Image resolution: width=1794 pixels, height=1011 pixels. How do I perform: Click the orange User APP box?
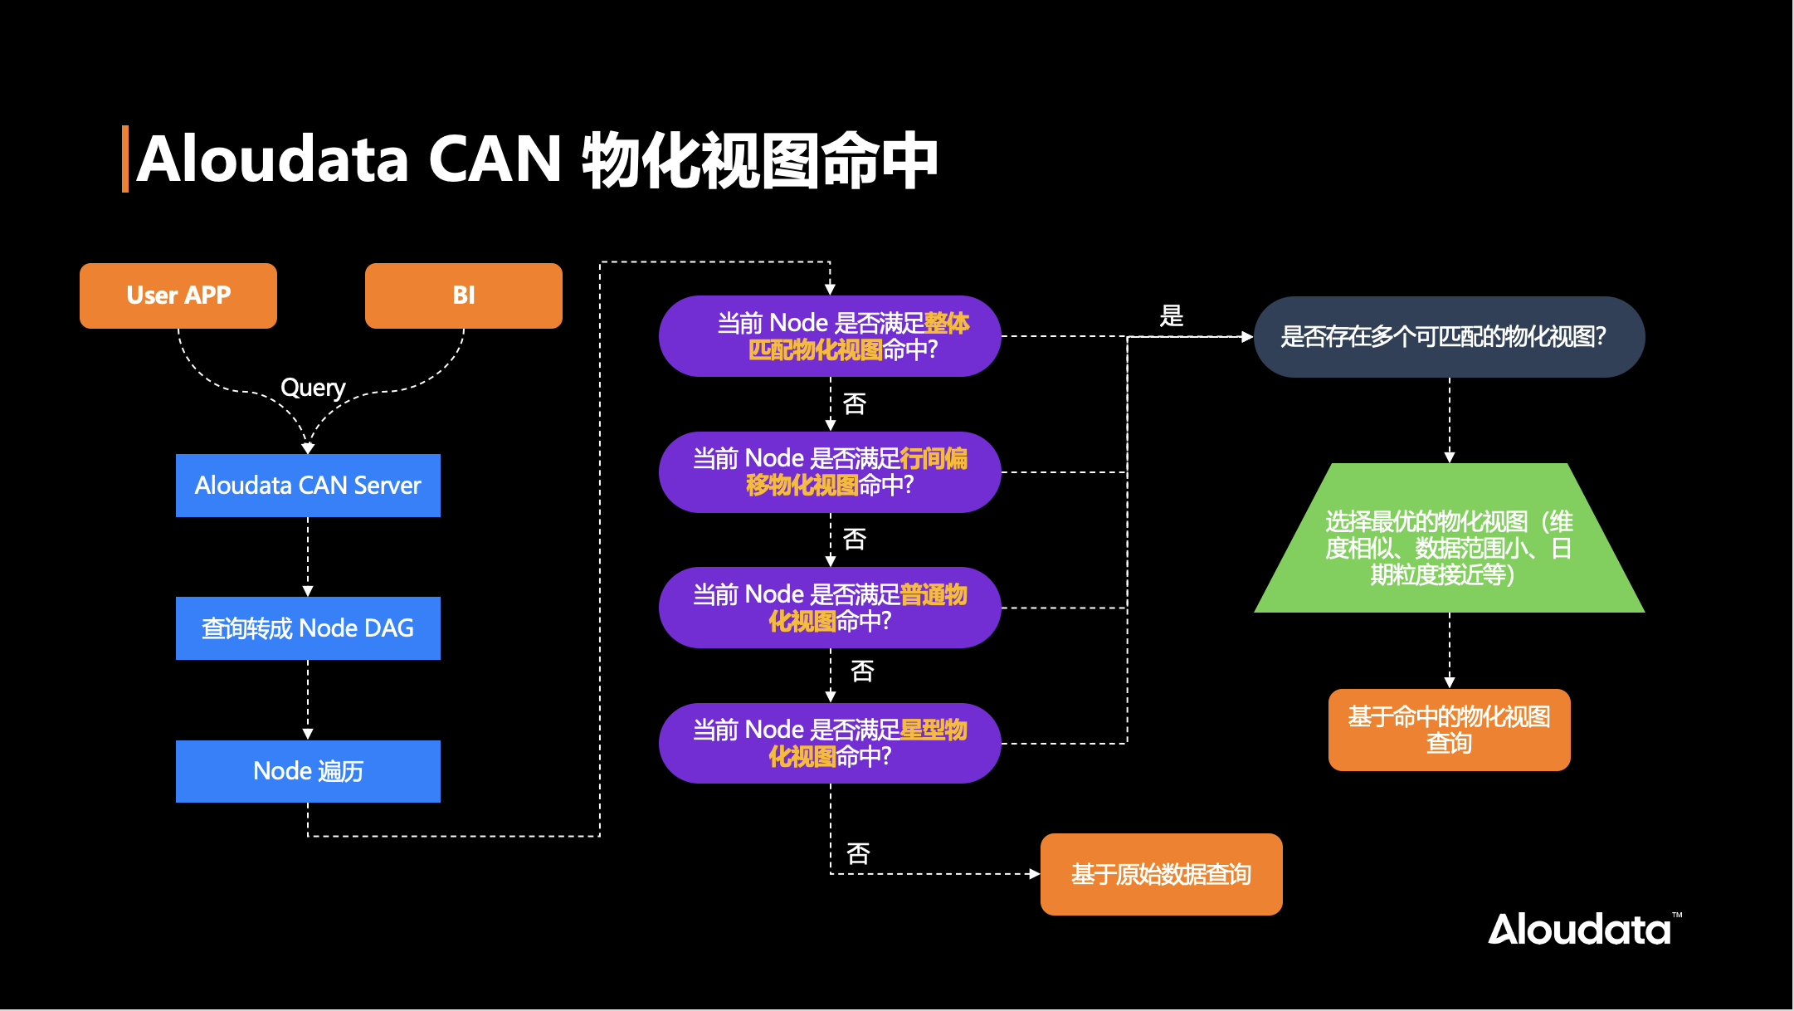pyautogui.click(x=178, y=295)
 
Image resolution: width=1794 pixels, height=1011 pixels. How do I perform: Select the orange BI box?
pyautogui.click(x=464, y=295)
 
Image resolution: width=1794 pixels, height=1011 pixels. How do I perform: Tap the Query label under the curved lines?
pyautogui.click(x=313, y=388)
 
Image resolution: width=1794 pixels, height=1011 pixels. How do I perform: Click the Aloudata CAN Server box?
pyautogui.click(x=308, y=486)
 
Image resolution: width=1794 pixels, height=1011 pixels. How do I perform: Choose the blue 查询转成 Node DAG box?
pyautogui.click(x=308, y=628)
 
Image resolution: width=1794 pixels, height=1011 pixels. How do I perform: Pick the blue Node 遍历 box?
pyautogui.click(x=308, y=771)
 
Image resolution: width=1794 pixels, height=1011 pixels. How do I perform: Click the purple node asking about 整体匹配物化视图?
pyautogui.click(x=830, y=336)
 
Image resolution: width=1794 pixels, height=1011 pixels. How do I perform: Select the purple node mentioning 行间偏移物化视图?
pyautogui.click(x=830, y=471)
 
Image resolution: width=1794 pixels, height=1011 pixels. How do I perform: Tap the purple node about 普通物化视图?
pyautogui.click(x=830, y=608)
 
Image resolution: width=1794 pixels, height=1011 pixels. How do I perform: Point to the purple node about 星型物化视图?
pyautogui.click(x=830, y=743)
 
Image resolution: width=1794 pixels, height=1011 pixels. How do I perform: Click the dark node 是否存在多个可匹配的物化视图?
pyautogui.click(x=1449, y=337)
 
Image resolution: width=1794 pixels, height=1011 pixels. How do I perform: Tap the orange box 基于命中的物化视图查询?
pyautogui.click(x=1449, y=730)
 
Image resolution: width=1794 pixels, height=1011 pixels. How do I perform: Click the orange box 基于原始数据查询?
pyautogui.click(x=1161, y=874)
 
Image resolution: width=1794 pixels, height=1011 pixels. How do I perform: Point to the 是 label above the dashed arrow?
pyautogui.click(x=1171, y=315)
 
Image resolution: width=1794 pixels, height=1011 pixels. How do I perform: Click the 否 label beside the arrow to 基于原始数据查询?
pyautogui.click(x=858, y=853)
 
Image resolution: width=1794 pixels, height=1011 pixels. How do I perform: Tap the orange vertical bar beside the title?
pyautogui.click(x=125, y=159)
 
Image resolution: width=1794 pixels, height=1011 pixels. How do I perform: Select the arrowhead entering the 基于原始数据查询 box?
pyautogui.click(x=1034, y=874)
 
